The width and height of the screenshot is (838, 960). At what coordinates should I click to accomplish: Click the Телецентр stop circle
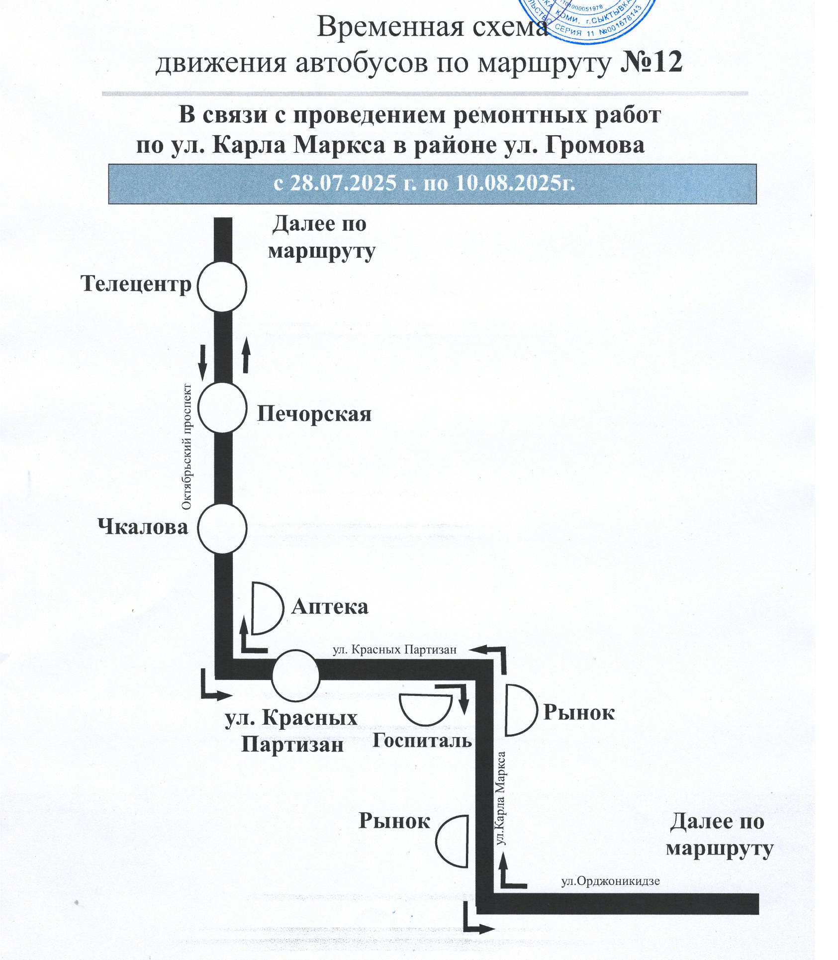tap(222, 287)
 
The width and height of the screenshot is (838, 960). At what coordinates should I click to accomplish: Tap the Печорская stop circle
tap(222, 407)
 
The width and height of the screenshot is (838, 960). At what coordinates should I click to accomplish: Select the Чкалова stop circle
tap(222, 528)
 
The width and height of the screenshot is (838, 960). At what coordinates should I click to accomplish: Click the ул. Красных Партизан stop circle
tap(295, 675)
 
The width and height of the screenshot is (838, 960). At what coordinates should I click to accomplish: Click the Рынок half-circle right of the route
tap(519, 710)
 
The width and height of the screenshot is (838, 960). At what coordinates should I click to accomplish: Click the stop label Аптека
tap(330, 607)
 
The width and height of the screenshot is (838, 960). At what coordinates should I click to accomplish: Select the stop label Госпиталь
tap(422, 741)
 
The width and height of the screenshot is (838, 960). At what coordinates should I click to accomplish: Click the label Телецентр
tap(136, 284)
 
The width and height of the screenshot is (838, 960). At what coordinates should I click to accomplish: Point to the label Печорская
tap(314, 414)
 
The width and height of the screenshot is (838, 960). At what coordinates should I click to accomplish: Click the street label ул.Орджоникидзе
tap(610, 881)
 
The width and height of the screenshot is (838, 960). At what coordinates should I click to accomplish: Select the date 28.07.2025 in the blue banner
tap(343, 183)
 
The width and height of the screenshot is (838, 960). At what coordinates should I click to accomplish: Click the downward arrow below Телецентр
tap(202, 362)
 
